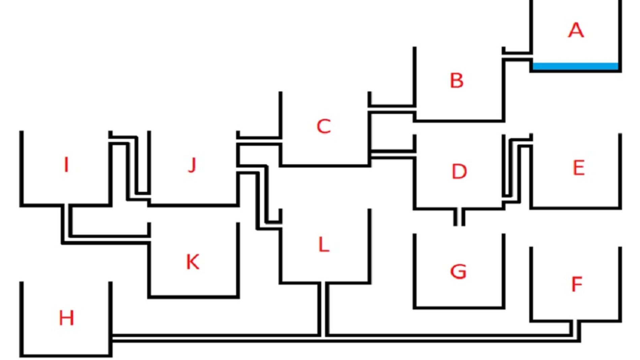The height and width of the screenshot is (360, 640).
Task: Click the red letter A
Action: coord(576,30)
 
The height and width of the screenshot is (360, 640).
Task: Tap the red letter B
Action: coord(457,81)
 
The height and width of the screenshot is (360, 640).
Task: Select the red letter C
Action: coord(324,127)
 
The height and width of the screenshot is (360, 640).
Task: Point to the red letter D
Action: coord(459,171)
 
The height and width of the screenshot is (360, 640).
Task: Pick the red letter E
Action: coord(578,168)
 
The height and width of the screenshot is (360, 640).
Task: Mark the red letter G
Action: coord(458,271)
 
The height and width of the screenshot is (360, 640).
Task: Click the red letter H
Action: coord(66,318)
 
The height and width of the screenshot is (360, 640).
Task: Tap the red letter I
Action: coord(66,165)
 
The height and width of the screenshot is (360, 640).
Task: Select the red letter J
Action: coord(192,165)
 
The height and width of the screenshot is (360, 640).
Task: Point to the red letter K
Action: coord(193,262)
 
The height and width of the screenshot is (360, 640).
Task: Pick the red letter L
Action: coord(324,245)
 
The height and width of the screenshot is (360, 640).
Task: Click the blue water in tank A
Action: coord(575,66)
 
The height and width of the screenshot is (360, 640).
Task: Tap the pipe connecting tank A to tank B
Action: coord(517,56)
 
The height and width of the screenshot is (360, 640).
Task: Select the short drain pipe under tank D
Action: coord(459,217)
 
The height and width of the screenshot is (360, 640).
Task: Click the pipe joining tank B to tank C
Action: coord(392,108)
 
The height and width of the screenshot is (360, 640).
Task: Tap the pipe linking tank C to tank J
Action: coord(259,141)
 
